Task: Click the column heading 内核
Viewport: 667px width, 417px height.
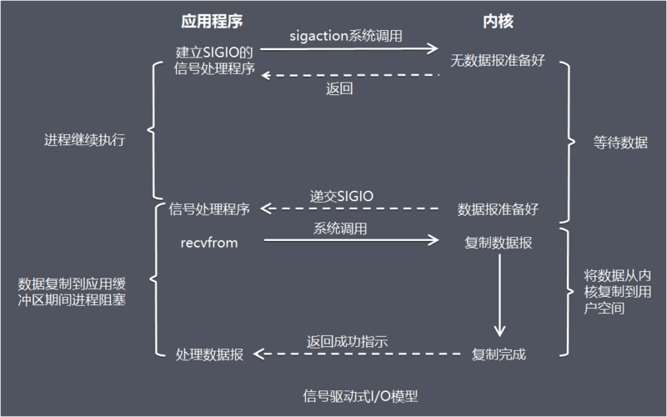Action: (497, 19)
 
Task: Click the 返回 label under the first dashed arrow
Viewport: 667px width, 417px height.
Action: (339, 88)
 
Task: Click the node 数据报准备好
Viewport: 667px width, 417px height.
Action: (498, 208)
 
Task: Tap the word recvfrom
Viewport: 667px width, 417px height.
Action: (210, 242)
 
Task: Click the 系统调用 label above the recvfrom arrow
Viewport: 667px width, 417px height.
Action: (340, 228)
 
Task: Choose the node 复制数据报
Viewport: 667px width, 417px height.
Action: (499, 243)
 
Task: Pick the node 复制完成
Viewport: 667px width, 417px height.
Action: (499, 354)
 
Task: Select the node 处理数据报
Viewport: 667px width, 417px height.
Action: (209, 354)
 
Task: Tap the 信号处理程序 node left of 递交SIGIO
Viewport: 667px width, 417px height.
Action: (209, 208)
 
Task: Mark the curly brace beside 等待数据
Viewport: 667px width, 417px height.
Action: (569, 143)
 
